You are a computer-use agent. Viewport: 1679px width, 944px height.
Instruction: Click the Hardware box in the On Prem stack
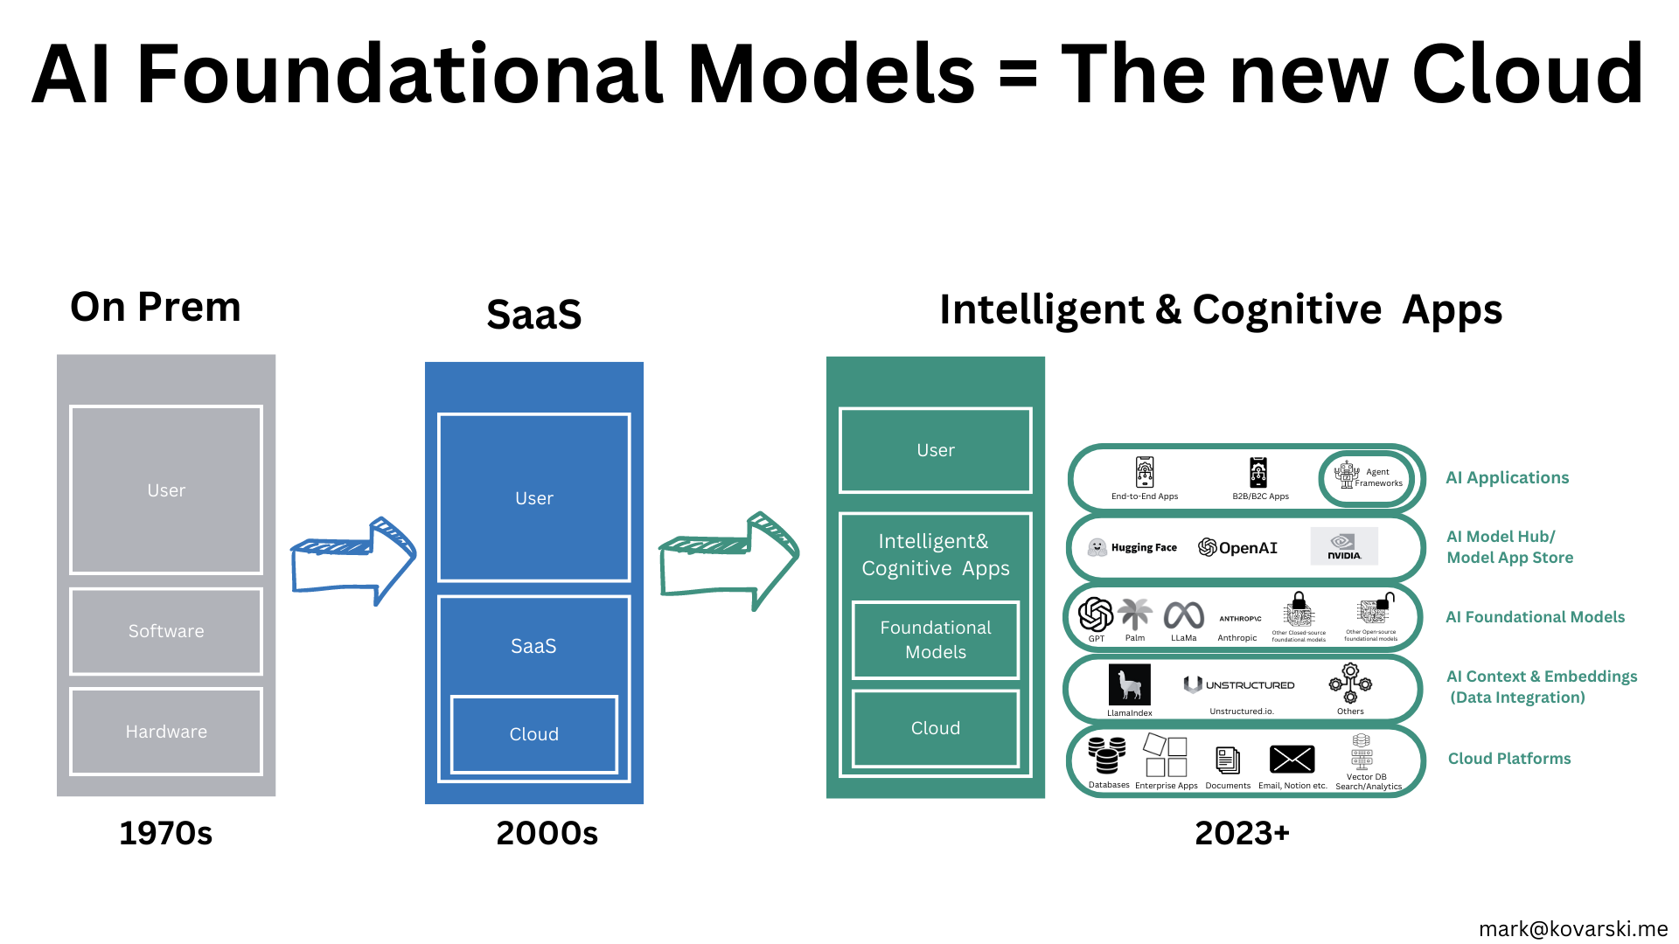(x=166, y=732)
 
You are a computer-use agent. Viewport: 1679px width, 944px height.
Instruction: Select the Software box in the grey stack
(x=166, y=631)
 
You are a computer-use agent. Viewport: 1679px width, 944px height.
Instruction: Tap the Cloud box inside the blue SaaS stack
(x=533, y=734)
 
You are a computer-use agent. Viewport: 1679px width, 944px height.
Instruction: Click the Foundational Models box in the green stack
(x=935, y=640)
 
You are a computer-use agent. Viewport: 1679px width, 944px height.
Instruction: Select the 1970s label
(x=165, y=833)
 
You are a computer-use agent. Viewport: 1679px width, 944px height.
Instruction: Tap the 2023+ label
(x=1242, y=833)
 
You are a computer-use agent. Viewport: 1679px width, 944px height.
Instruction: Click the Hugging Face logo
(x=1132, y=547)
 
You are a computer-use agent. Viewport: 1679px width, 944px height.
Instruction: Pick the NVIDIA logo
(x=1344, y=546)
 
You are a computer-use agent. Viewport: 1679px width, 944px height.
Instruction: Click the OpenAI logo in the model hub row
(x=1237, y=547)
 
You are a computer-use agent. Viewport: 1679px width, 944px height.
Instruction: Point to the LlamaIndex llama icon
(x=1129, y=684)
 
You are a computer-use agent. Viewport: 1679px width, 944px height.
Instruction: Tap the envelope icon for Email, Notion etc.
(x=1292, y=760)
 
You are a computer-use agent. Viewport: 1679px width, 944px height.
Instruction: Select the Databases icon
(x=1106, y=755)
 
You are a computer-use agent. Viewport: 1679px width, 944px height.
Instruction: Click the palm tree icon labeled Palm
(x=1135, y=614)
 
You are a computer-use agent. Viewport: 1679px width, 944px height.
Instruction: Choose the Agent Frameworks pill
(x=1366, y=477)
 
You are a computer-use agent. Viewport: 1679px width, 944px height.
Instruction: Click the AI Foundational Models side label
(x=1535, y=617)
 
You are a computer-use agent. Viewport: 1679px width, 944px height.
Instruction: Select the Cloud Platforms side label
(x=1508, y=759)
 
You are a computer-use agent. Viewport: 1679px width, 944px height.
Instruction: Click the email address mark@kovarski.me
(x=1572, y=928)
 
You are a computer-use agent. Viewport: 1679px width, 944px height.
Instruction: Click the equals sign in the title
(x=1017, y=75)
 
